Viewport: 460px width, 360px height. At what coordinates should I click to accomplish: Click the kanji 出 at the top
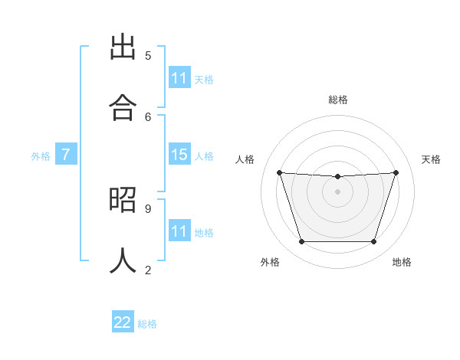[123, 48]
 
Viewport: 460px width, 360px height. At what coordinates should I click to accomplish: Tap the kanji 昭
[123, 201]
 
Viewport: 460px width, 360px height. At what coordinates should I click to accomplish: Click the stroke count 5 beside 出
[148, 55]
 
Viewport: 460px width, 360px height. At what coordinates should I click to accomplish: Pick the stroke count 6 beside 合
[148, 116]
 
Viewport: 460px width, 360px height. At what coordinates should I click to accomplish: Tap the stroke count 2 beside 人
[148, 269]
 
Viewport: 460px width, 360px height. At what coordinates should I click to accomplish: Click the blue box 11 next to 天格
[179, 78]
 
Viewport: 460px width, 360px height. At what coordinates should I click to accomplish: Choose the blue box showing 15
[179, 155]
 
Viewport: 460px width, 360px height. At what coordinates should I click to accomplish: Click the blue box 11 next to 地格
[179, 231]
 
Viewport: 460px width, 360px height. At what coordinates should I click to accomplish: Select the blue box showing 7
[66, 155]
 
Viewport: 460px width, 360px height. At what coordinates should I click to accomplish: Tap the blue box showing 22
[123, 322]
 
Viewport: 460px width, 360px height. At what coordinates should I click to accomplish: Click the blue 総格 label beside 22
[147, 324]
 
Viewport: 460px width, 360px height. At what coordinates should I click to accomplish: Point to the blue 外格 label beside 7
[41, 156]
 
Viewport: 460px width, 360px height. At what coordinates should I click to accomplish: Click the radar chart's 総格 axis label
[338, 100]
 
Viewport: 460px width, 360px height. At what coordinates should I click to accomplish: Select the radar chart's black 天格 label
[431, 159]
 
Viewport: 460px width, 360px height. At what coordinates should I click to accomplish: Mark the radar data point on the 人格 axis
[280, 172]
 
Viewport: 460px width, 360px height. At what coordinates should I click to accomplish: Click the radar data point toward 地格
[374, 242]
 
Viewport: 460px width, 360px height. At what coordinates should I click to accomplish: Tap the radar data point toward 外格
[301, 242]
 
